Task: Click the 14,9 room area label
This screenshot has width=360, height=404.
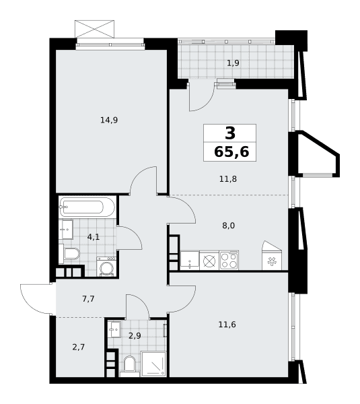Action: (x=109, y=120)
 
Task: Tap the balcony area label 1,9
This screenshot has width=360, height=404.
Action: (x=233, y=63)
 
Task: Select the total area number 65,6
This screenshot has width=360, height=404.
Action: (x=231, y=151)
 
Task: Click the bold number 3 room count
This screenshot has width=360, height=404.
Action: (x=230, y=133)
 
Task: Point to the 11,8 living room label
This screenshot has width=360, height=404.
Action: (x=228, y=179)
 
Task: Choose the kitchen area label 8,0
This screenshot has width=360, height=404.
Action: (x=228, y=226)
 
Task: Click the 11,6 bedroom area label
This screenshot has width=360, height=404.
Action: (x=227, y=325)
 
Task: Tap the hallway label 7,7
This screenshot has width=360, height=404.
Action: (x=88, y=299)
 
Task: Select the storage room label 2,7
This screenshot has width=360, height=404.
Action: (x=78, y=347)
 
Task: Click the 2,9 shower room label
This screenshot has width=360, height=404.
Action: (x=135, y=336)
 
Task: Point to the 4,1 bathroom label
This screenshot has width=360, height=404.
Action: (x=94, y=237)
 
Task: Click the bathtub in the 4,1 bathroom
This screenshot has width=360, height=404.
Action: (x=87, y=207)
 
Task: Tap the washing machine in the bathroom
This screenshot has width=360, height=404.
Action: (x=106, y=267)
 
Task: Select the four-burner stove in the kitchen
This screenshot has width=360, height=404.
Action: (x=229, y=260)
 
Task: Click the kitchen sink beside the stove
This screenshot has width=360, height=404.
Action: (x=190, y=261)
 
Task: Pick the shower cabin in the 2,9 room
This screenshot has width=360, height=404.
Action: (x=153, y=364)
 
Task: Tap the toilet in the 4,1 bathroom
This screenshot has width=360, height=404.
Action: (x=69, y=254)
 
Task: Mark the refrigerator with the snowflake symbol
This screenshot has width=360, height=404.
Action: (x=272, y=256)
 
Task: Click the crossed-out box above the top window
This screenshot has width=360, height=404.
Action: (x=94, y=29)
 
